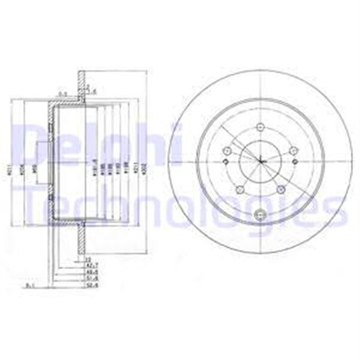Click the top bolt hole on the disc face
(260, 127)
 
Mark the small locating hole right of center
(296, 161)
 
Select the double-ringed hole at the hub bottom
(260, 214)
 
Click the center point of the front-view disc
(260, 161)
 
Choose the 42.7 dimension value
(88, 264)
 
